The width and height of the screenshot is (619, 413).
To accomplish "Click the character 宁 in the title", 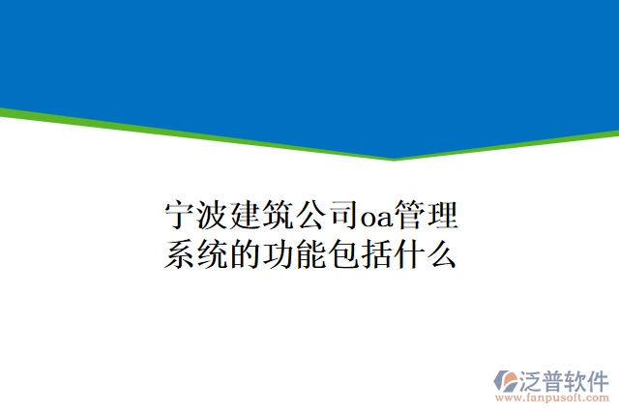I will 178,214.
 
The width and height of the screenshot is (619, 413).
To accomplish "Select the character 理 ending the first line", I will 441,214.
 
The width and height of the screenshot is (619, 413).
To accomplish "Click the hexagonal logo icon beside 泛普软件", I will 508,379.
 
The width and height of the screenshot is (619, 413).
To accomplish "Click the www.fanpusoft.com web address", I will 552,397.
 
